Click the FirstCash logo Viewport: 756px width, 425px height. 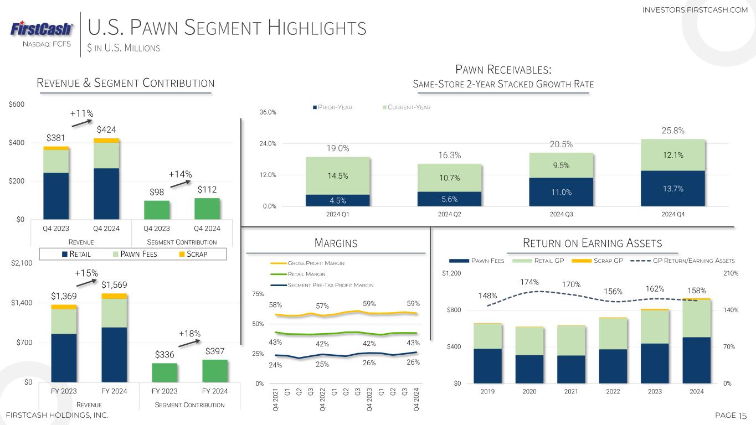point(42,29)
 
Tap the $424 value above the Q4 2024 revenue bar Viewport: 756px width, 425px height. point(107,129)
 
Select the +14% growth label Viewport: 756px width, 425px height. point(180,174)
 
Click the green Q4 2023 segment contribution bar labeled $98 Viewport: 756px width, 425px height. point(157,210)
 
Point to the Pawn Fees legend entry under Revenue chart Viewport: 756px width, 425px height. point(136,255)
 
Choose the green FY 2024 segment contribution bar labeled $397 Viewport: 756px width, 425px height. point(215,371)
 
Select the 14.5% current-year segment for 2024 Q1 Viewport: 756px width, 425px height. point(338,175)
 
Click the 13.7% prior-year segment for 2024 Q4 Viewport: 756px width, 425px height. point(672,189)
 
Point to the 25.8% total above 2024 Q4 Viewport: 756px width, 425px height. point(672,131)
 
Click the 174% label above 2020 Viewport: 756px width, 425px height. point(529,283)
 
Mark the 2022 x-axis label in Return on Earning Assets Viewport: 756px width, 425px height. point(613,392)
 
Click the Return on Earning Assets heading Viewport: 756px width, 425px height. point(593,243)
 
